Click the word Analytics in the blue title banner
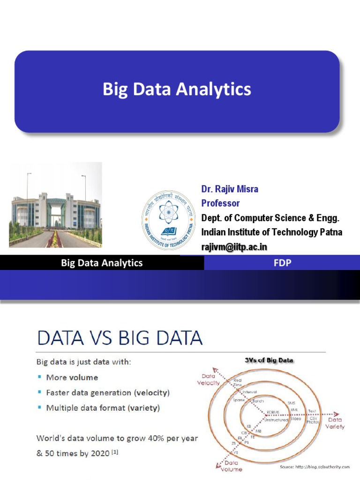click(x=217, y=89)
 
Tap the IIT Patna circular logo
click(x=169, y=220)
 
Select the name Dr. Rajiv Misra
click(x=230, y=189)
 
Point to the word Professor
click(x=220, y=203)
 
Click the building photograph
click(x=55, y=204)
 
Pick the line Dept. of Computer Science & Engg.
click(x=270, y=218)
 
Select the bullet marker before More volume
click(x=40, y=377)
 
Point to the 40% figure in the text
click(x=141, y=439)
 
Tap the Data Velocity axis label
click(x=208, y=379)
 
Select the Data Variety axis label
click(x=335, y=423)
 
